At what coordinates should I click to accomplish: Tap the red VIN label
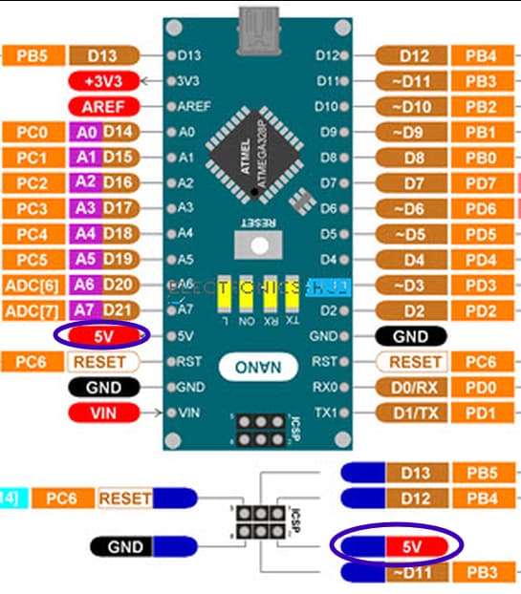[x=103, y=413]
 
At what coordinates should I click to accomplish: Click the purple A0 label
[x=86, y=132]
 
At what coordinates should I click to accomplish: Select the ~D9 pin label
[x=412, y=132]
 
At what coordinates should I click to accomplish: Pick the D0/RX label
[x=412, y=387]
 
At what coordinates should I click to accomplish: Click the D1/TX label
[x=412, y=413]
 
